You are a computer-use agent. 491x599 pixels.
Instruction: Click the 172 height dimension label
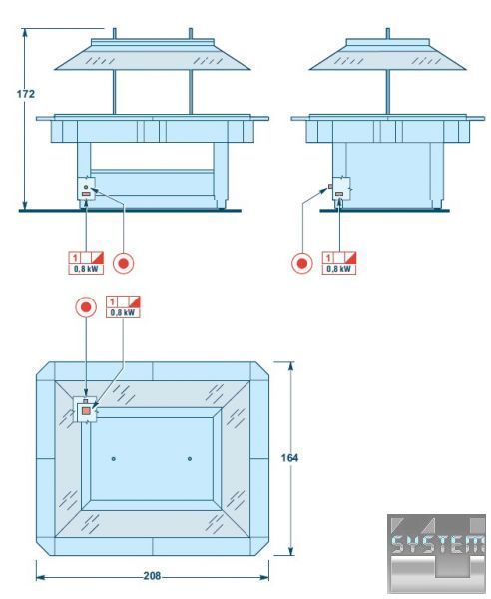click(x=26, y=94)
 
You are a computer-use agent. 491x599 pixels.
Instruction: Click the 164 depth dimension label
click(x=289, y=457)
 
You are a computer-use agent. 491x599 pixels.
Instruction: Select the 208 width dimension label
click(x=152, y=576)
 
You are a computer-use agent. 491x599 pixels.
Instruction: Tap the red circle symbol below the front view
click(x=124, y=263)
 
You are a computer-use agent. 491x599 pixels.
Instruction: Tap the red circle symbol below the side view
click(x=302, y=263)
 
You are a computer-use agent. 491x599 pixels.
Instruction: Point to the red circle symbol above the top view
click(x=86, y=307)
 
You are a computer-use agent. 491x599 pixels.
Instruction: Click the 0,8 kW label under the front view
click(x=86, y=269)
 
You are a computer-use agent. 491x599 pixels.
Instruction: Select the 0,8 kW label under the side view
click(x=338, y=269)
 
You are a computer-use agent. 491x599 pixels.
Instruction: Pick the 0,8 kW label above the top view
click(x=123, y=313)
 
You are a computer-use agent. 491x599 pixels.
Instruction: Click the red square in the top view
click(x=86, y=411)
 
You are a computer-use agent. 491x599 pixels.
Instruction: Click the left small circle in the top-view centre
click(x=114, y=459)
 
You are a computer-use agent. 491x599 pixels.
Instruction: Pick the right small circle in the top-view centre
click(x=190, y=459)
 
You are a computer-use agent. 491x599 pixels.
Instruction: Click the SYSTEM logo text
click(x=438, y=544)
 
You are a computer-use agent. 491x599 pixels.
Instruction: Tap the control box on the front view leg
click(x=86, y=189)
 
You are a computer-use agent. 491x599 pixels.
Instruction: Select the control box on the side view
click(x=341, y=189)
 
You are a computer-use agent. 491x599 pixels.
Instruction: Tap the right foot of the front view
click(x=221, y=204)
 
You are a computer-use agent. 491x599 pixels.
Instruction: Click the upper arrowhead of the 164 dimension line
click(x=291, y=366)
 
